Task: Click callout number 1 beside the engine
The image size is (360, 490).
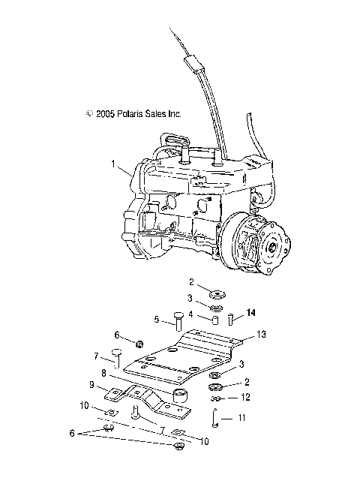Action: click(x=114, y=163)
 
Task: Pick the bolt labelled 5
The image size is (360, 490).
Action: click(x=178, y=322)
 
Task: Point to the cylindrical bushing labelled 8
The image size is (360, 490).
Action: click(x=180, y=395)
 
